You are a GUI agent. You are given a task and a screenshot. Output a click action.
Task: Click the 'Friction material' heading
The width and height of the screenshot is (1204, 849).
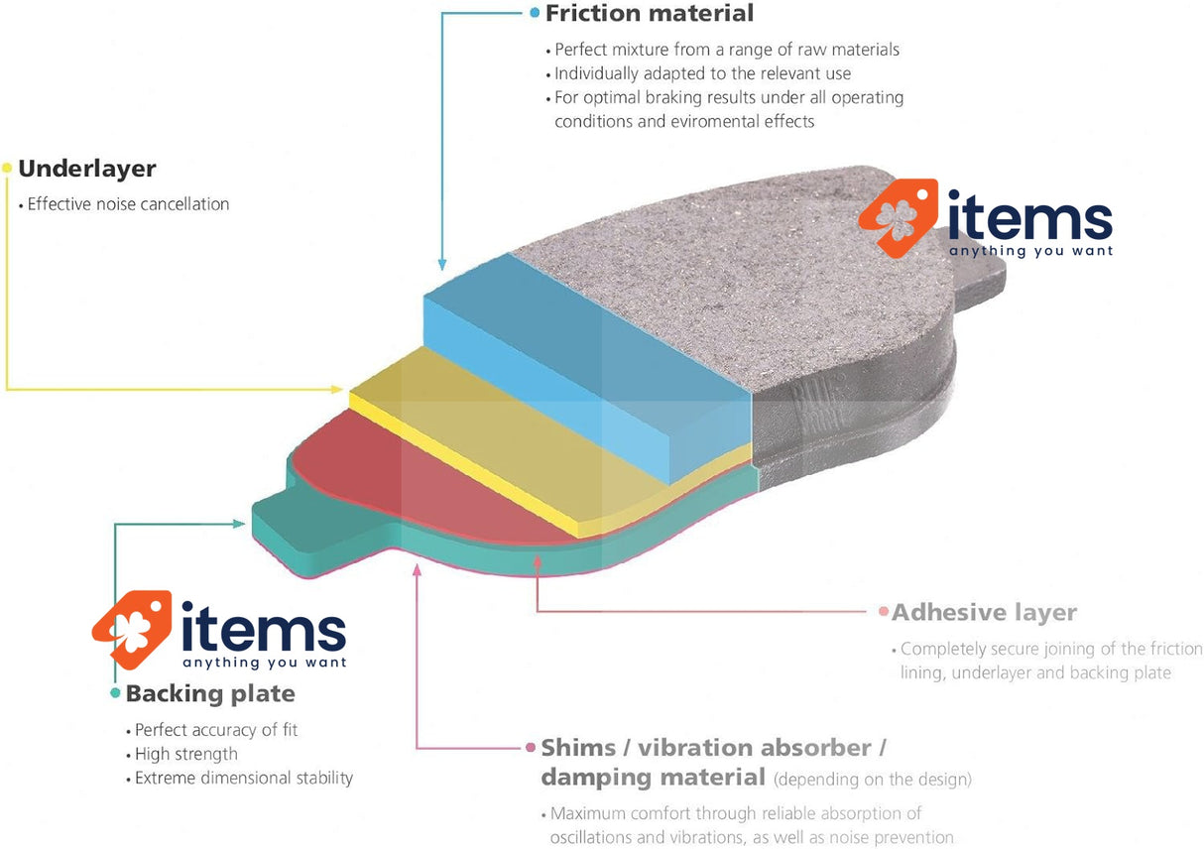point(649,14)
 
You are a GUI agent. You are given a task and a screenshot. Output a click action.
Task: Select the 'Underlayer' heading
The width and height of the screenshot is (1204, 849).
point(87,169)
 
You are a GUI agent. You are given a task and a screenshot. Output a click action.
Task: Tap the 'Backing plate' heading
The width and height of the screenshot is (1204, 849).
point(210,693)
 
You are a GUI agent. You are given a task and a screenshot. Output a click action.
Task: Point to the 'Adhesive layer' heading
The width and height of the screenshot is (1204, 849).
point(984,612)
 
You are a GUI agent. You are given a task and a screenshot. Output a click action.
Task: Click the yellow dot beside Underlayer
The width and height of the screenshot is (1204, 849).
point(7,169)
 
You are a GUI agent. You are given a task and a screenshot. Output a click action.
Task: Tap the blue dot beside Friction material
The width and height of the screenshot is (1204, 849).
point(536,14)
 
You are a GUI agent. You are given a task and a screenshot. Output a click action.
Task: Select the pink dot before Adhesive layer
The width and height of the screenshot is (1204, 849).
point(883,612)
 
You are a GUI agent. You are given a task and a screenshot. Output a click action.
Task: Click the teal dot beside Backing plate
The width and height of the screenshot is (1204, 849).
point(116,693)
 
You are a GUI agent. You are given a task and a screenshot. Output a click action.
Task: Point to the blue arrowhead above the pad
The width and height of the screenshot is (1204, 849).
point(440,265)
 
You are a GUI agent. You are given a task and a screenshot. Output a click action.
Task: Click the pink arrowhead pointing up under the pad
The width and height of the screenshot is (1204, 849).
point(418,569)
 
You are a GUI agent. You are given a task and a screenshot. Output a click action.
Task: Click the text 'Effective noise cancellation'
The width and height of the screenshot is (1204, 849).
point(128,204)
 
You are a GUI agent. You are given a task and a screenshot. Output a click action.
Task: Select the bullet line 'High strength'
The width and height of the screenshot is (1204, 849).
point(185,754)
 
